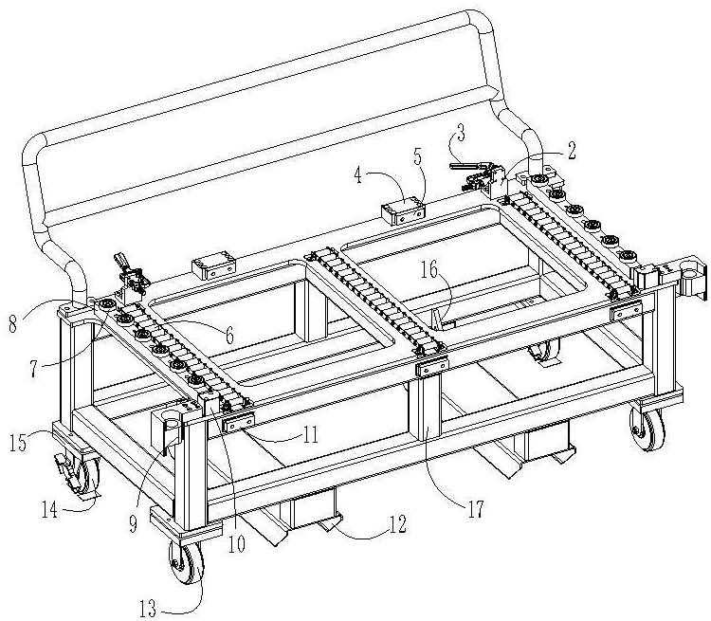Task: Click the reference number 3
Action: pos(460,136)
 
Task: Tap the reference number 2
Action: pos(571,151)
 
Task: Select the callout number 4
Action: pos(358,175)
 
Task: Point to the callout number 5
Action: pos(418,156)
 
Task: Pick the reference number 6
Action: pos(229,336)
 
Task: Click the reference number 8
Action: pos(13,323)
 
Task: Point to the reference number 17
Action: pos(476,509)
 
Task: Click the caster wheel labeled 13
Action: pos(187,562)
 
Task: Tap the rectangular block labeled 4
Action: pos(403,210)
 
